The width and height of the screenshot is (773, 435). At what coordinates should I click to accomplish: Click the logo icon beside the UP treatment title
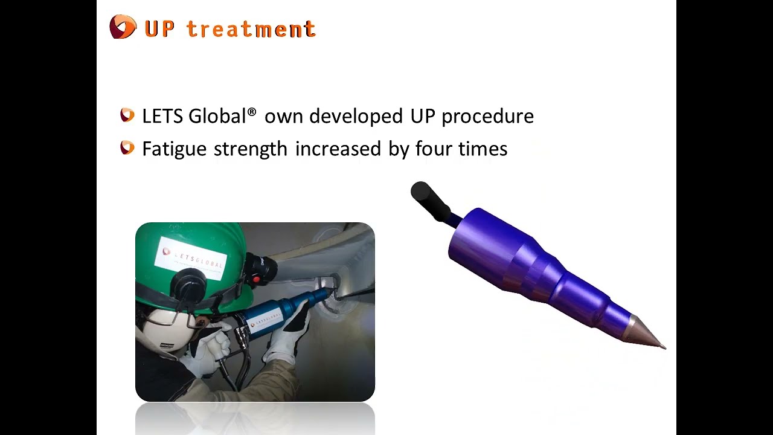click(x=123, y=27)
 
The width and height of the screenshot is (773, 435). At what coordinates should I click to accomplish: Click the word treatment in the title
click(x=251, y=29)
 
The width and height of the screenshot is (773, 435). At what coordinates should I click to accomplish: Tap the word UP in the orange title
click(x=159, y=29)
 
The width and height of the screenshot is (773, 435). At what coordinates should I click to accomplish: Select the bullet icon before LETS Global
click(x=127, y=115)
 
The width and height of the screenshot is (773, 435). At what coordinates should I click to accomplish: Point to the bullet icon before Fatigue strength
click(x=127, y=147)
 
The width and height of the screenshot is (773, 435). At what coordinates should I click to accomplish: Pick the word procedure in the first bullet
click(x=487, y=117)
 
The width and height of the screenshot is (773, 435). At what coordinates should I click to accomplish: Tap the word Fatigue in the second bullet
click(x=175, y=149)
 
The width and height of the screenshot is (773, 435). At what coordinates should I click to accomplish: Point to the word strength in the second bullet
click(x=251, y=149)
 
